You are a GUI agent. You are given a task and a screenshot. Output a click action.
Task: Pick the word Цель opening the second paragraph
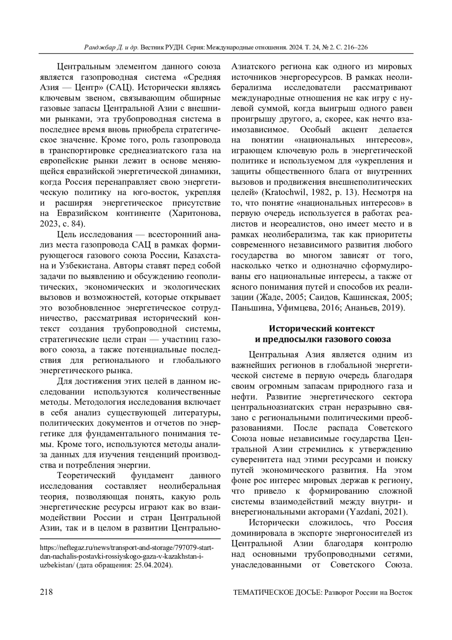(65, 234)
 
